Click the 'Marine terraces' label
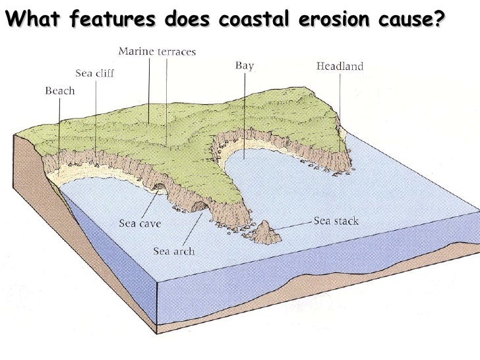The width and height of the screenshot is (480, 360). (156, 51)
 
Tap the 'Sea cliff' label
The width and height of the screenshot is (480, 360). (92, 74)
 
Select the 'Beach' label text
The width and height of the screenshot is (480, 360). (59, 91)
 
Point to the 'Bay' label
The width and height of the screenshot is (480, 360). (245, 65)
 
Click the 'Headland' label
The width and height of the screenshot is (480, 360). (340, 66)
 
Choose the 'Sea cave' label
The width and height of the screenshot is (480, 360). (140, 223)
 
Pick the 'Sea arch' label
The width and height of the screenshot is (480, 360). (174, 251)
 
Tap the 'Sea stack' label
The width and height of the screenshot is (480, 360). (336, 221)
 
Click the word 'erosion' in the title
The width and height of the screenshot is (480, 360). (328, 20)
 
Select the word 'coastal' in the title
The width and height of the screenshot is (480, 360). (254, 20)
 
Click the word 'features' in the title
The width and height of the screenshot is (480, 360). (109, 20)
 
